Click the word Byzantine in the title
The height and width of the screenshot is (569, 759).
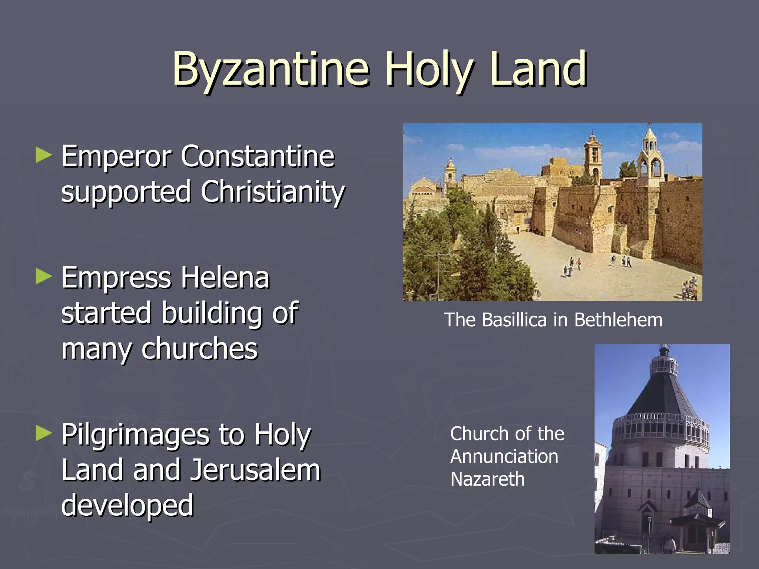point(271,70)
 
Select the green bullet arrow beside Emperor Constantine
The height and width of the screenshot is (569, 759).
point(44,156)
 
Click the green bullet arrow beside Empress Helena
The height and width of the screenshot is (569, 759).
point(44,277)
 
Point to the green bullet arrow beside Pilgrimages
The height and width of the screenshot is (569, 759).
point(44,433)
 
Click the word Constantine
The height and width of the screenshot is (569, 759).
point(258,156)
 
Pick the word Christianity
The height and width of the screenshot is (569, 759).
point(273,192)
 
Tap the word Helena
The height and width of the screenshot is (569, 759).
point(225,277)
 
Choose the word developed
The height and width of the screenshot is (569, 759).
point(127,505)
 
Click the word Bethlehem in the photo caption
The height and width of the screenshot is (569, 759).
point(618,320)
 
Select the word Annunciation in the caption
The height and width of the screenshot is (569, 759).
point(504,456)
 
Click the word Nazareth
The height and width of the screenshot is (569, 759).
point(487,479)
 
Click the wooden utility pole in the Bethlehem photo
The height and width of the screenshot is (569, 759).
point(438,274)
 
